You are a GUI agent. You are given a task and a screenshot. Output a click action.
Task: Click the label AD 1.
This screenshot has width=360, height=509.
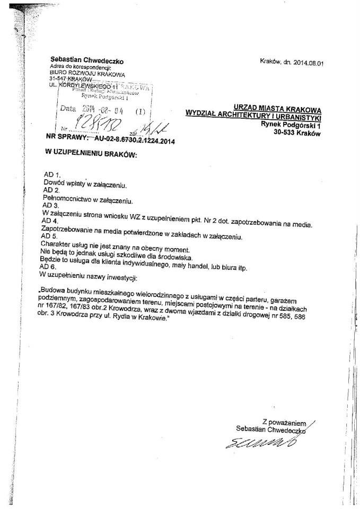[51, 175]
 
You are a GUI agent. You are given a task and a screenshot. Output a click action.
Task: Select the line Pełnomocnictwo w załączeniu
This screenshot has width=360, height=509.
[87, 200]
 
